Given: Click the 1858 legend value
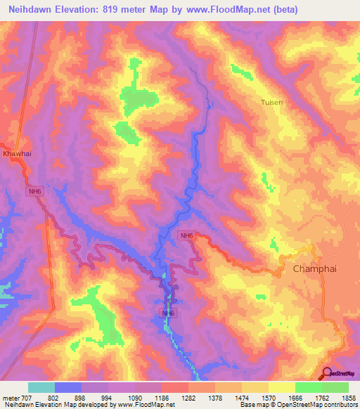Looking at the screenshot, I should point(348,397).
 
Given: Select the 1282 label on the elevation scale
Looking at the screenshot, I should point(188,397).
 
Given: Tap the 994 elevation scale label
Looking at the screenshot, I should point(108,397).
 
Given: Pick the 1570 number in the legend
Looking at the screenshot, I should point(268,397).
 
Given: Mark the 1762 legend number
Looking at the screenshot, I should point(321,397).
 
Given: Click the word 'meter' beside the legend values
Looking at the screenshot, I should point(10,397).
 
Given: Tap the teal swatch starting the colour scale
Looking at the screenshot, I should point(41,387).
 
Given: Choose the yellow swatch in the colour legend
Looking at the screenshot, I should point(281,387).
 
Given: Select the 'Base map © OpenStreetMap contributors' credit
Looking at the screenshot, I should point(297,405).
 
